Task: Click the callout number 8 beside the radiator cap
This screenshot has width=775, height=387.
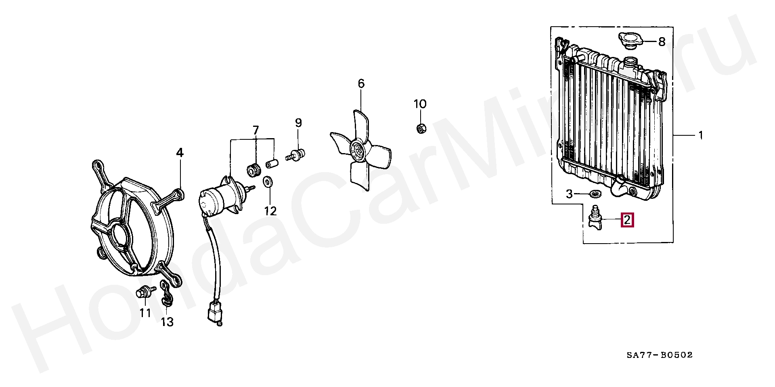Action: click(x=662, y=42)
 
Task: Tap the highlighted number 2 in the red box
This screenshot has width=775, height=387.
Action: click(x=627, y=220)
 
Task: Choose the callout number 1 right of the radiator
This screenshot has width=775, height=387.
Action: click(x=701, y=136)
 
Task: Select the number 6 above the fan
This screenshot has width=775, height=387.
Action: click(x=361, y=84)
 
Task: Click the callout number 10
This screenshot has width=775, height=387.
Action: click(x=420, y=104)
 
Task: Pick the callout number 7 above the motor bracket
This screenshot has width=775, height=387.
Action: click(x=256, y=130)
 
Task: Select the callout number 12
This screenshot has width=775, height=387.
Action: click(x=270, y=210)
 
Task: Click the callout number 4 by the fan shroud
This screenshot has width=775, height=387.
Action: click(x=180, y=153)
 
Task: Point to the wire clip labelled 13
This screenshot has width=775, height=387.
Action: click(x=165, y=296)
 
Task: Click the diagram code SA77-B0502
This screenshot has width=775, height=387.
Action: click(x=659, y=355)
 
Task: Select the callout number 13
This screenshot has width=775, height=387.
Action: click(x=167, y=322)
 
